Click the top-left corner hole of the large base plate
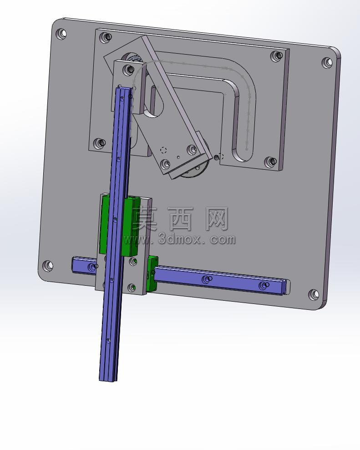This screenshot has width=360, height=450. (61, 33)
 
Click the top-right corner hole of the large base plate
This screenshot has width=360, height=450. (327, 63)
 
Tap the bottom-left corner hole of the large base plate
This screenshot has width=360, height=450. (48, 266)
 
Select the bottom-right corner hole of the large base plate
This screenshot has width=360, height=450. (314, 294)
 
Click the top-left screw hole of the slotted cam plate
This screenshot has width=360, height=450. (105, 37)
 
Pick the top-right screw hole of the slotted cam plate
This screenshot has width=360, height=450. (276, 56)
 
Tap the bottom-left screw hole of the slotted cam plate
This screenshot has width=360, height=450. (99, 143)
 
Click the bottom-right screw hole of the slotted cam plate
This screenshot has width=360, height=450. (270, 162)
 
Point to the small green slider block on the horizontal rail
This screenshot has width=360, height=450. (152, 273)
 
